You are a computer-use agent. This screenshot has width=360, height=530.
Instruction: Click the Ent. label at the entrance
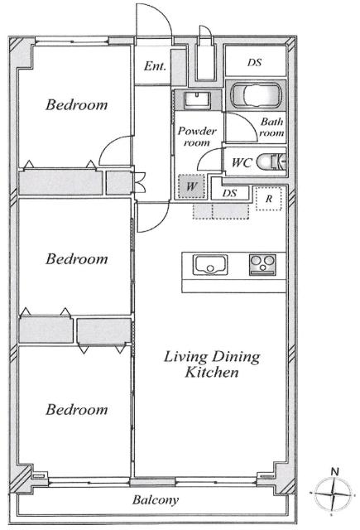[x=155, y=65]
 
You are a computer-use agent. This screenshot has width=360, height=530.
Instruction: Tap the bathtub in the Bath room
[x=256, y=95]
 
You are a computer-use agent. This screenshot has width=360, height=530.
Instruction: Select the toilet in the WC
[x=271, y=161]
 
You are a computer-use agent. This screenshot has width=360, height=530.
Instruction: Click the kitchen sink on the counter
[x=210, y=265]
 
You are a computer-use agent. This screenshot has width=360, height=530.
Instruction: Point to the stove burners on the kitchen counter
[x=262, y=265]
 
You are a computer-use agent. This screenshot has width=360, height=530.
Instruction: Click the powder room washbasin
[x=197, y=100]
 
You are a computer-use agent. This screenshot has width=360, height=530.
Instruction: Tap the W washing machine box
[x=191, y=186]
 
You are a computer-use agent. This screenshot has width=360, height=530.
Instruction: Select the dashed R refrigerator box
[x=268, y=199]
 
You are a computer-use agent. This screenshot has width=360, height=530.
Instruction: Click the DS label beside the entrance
[x=254, y=63]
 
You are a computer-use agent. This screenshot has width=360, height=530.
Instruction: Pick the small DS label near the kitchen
[x=229, y=193]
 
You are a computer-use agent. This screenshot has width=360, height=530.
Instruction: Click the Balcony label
[x=156, y=500]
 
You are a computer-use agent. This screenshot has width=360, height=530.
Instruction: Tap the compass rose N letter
[x=334, y=471]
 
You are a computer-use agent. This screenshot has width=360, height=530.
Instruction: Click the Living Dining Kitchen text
[x=212, y=364]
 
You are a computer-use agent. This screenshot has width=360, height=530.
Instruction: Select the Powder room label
[x=197, y=137]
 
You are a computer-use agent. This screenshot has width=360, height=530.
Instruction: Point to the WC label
[x=242, y=163]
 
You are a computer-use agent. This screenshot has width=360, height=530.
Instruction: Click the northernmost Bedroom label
[x=77, y=105]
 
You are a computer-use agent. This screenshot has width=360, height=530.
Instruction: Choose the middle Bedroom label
[x=77, y=259]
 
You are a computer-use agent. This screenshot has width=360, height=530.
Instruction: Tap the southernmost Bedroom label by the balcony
[x=77, y=410]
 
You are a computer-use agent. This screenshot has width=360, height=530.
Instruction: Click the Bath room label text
[x=271, y=127]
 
